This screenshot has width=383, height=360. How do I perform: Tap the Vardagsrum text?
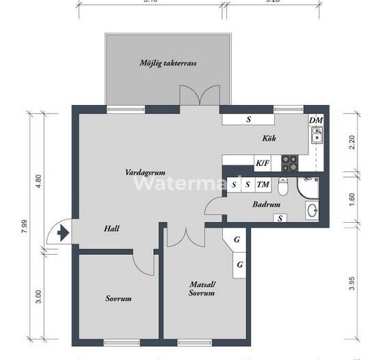pyautogui.click(x=146, y=172)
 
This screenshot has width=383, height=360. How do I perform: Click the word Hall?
pyautogui.click(x=113, y=229)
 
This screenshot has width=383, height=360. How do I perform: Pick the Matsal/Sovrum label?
pyautogui.click(x=202, y=288)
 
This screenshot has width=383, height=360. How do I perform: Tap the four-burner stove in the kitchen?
pyautogui.click(x=291, y=163)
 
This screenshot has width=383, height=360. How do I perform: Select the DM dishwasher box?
pyautogui.click(x=315, y=120)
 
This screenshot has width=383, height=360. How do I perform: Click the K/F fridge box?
pyautogui.click(x=262, y=163)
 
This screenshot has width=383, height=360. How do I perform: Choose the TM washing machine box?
pyautogui.click(x=262, y=184)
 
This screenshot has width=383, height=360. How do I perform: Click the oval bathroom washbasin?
pyautogui.click(x=311, y=210)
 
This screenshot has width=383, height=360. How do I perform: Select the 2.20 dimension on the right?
pyautogui.click(x=353, y=142)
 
